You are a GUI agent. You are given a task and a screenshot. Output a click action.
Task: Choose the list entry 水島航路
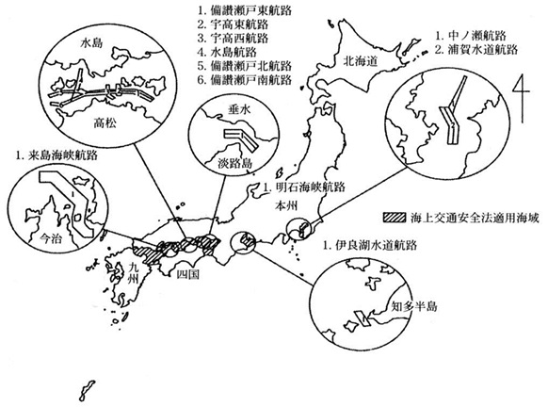[237, 52]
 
